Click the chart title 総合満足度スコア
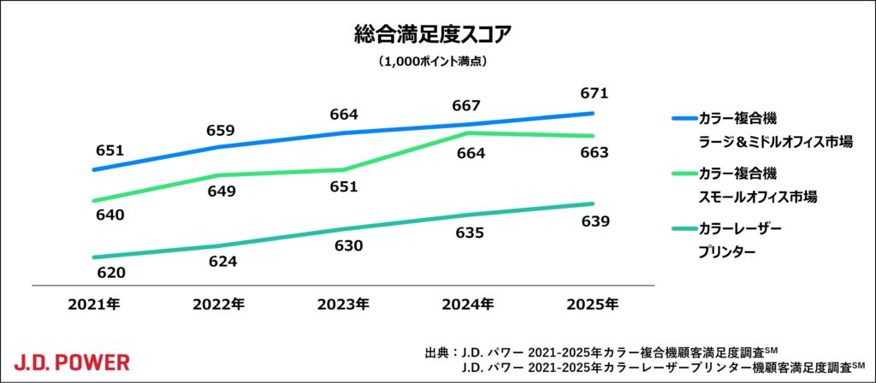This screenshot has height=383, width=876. (437, 34)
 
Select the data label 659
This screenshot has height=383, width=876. (220, 131)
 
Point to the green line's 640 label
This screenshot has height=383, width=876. (109, 215)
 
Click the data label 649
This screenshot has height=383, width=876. (220, 191)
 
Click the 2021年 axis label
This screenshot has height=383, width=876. (95, 303)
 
